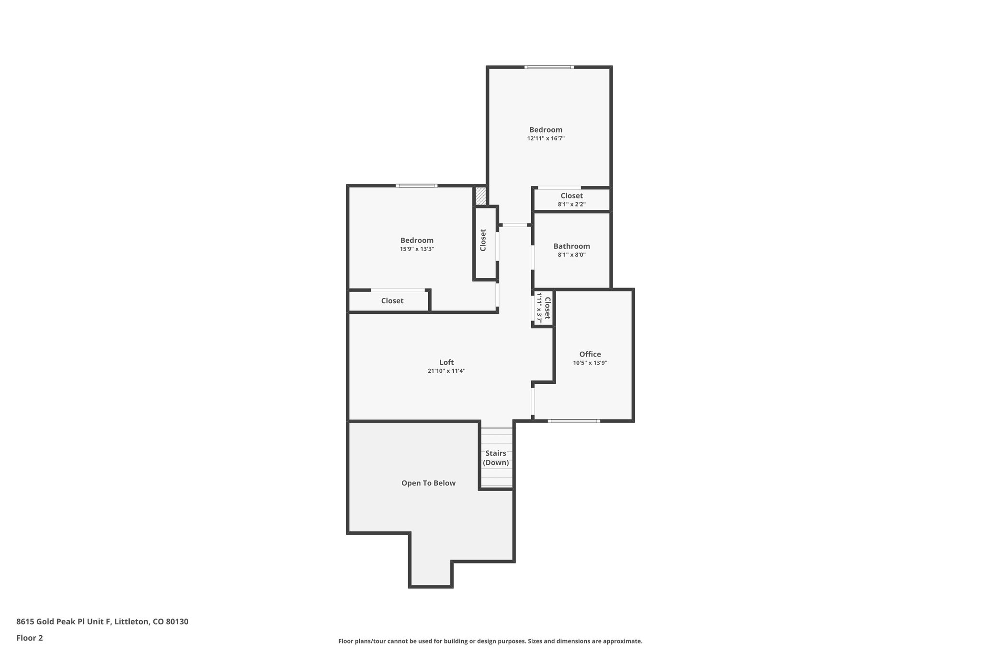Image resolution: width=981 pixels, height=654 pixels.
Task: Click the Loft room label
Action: (x=446, y=362)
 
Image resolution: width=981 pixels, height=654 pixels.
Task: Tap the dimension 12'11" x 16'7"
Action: (x=546, y=138)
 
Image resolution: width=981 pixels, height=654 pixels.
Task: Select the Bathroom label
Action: (x=571, y=246)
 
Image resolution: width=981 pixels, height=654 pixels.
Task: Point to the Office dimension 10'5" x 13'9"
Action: (x=590, y=363)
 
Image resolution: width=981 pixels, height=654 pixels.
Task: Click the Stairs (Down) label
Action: (x=496, y=458)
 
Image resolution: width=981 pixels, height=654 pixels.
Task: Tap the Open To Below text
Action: (x=428, y=483)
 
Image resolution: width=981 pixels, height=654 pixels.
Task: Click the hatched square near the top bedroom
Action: (x=480, y=196)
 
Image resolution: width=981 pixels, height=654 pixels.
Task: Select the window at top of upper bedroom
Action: (x=549, y=67)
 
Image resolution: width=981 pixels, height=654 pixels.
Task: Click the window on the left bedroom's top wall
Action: (x=416, y=185)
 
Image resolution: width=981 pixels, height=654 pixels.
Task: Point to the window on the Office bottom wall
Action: (x=574, y=421)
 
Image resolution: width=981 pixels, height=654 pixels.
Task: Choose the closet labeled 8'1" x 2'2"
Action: (x=571, y=200)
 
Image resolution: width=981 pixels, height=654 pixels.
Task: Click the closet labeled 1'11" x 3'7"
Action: (x=544, y=308)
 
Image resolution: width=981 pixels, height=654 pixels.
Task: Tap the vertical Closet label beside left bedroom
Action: (x=483, y=240)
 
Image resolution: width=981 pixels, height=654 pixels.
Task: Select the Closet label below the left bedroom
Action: (x=392, y=301)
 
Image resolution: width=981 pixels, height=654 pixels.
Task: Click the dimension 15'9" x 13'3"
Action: (x=417, y=249)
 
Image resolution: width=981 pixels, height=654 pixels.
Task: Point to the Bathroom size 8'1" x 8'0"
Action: (x=571, y=255)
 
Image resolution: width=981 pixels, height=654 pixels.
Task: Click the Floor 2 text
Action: (x=30, y=638)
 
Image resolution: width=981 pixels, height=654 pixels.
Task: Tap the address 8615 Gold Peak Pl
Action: (x=102, y=621)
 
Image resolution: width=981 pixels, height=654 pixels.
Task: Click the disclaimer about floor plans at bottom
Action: (x=490, y=641)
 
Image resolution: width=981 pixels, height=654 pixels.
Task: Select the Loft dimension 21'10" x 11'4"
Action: (x=446, y=371)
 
